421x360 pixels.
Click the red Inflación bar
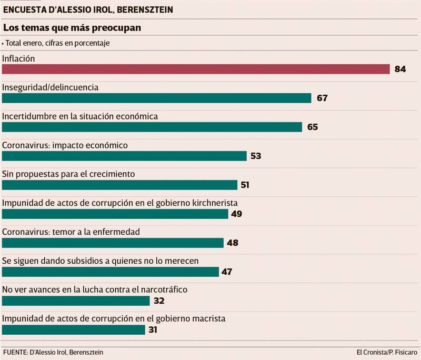196,69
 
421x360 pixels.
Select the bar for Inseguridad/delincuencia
157,98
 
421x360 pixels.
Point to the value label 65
313,127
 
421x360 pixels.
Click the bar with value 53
124,156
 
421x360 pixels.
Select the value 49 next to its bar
236,214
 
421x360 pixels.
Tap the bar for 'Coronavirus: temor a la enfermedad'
113,243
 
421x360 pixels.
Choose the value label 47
226,272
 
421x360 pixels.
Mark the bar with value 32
76,301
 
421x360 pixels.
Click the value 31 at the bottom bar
153,329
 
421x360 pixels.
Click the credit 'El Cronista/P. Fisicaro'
386,351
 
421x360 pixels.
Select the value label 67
323,98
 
